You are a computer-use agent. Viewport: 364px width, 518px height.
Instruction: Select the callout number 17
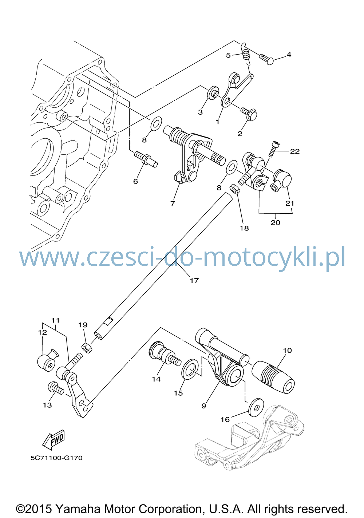click(194, 281)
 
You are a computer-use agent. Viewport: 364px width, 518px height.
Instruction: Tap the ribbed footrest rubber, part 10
click(273, 377)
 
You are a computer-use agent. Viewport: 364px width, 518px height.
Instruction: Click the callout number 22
click(294, 151)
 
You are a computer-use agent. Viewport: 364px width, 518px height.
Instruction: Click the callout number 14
click(156, 379)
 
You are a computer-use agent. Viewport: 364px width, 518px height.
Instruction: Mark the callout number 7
click(173, 204)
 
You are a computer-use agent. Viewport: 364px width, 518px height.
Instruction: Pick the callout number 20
click(276, 223)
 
